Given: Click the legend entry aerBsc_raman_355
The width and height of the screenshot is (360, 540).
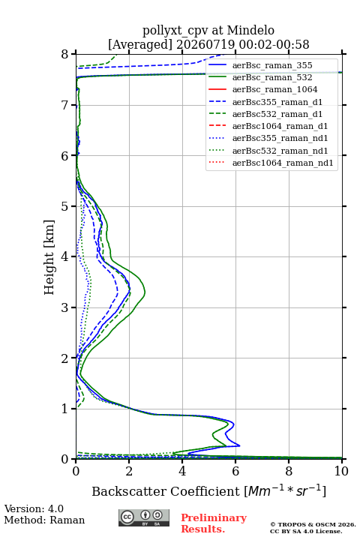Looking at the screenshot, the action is tap(272, 65).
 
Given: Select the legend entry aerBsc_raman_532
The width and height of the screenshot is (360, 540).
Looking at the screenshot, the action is tap(272, 77).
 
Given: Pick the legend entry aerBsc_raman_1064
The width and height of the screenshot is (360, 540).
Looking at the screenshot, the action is tap(275, 89).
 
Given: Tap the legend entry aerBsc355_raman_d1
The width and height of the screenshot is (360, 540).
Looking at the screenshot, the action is tap(277, 102).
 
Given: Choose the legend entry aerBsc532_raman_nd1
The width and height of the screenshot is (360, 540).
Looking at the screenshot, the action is tap(280, 151).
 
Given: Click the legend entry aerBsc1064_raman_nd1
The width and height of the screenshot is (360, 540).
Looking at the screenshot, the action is tap(283, 163).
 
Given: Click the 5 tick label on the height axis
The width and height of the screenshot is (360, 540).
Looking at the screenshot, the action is tap(65, 206).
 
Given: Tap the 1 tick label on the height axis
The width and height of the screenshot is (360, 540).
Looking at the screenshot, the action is tap(65, 409).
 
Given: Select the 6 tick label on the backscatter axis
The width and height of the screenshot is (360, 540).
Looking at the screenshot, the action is tap(235, 471).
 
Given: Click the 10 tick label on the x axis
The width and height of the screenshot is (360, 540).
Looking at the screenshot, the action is tap(341, 471).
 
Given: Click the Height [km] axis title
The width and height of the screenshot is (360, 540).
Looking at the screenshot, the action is tap(49, 257).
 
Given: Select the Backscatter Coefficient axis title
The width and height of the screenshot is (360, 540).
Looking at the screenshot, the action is tap(208, 490).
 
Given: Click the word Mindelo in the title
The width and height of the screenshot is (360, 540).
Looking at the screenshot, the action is tap(250, 30).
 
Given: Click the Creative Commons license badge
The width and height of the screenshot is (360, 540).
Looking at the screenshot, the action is tap(144, 517).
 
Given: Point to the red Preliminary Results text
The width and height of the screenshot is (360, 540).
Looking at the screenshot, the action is tap(214, 523).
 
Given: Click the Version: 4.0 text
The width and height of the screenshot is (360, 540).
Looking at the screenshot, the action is tap(34, 508).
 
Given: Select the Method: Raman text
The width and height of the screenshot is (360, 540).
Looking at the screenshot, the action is tap(44, 520).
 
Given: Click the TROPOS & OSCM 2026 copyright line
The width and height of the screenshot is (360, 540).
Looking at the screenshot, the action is tap(313, 524).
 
